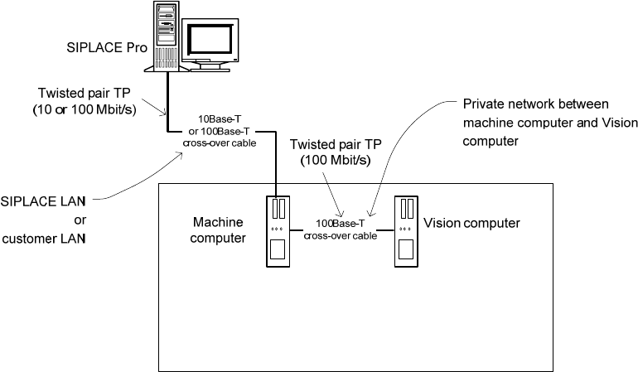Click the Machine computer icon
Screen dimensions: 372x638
(x=278, y=230)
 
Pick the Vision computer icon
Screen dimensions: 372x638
(x=405, y=230)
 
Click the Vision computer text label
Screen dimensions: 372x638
(x=471, y=223)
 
